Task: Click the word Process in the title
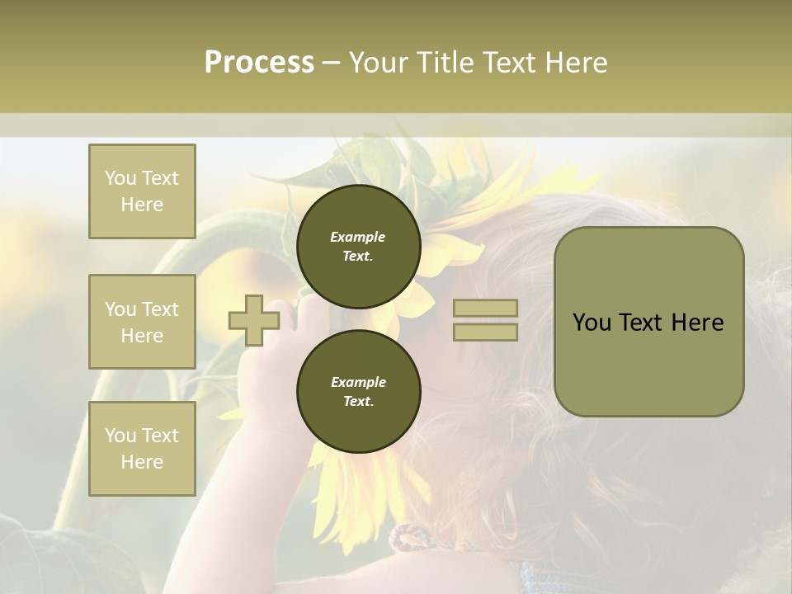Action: pos(259,63)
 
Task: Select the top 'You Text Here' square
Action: pos(142,191)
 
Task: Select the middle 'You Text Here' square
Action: pos(142,322)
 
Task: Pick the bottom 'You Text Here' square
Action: pos(142,449)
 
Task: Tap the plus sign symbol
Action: pos(254,321)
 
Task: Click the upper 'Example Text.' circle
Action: pos(358,247)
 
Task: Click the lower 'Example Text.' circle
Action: pos(358,392)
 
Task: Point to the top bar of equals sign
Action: pos(485,309)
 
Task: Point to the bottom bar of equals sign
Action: pos(485,332)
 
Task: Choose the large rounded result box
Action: pos(648,322)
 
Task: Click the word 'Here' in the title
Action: pos(576,63)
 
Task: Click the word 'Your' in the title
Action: pos(379,63)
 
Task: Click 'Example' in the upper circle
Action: pos(358,237)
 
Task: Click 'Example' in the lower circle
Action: pos(358,382)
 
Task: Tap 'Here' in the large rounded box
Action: pos(699,323)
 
